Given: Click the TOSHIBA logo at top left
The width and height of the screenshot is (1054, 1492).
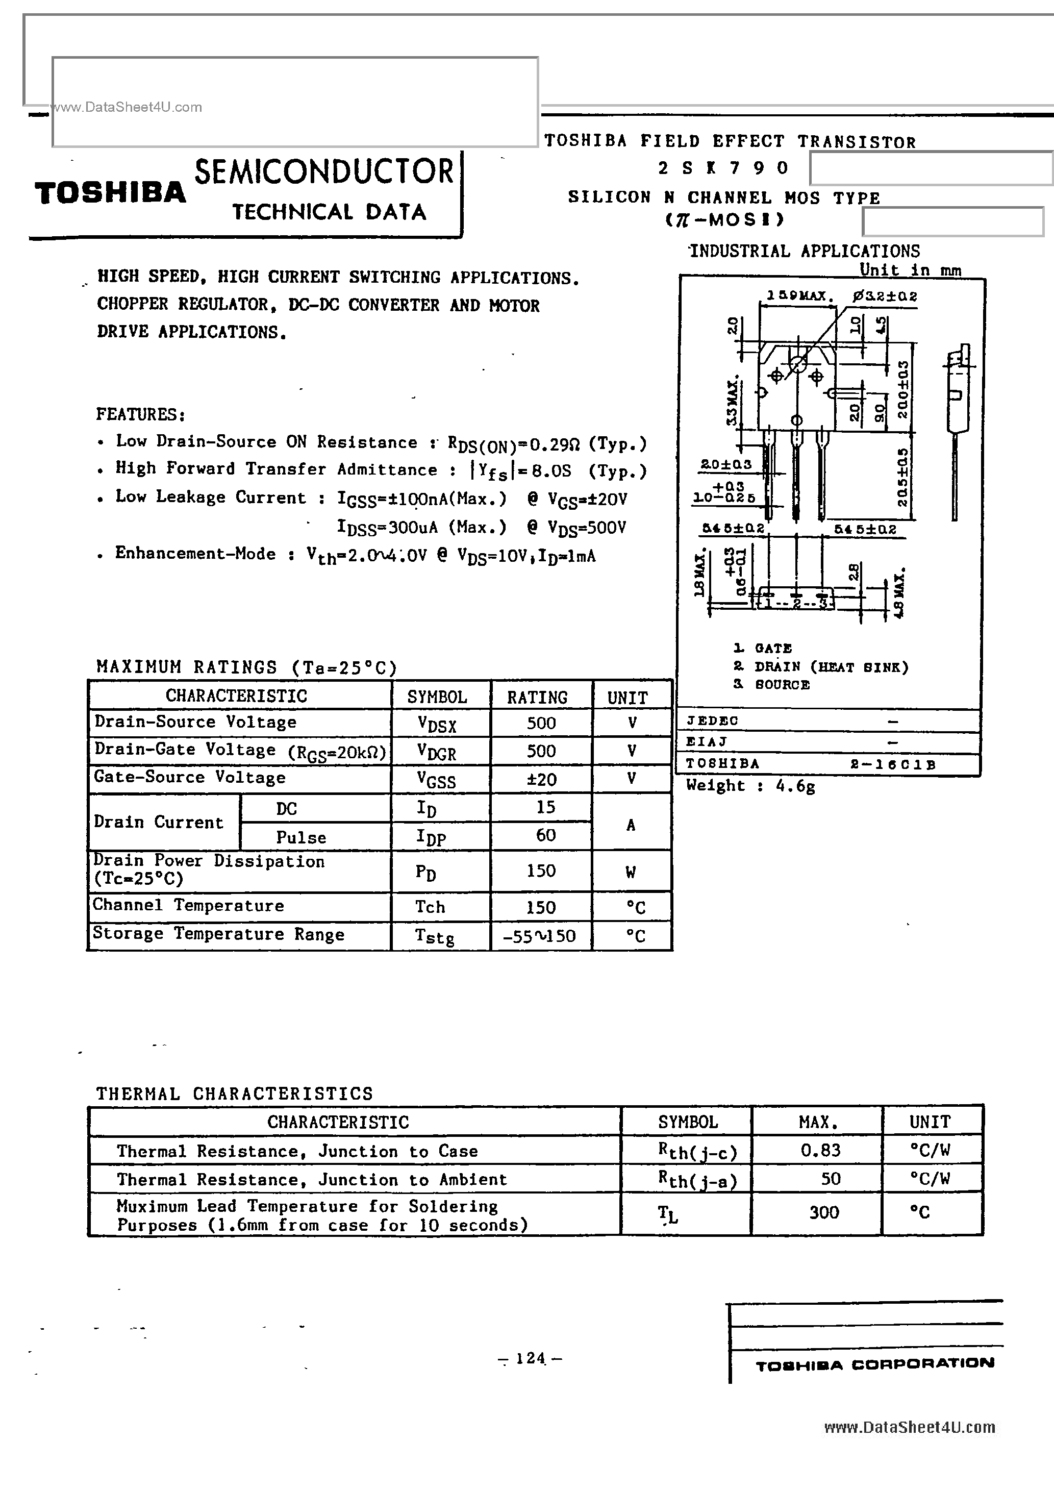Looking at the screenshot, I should (x=111, y=194).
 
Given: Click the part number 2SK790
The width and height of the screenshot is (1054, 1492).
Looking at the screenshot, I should (x=723, y=168).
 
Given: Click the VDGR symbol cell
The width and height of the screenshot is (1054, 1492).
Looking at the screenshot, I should (x=437, y=752).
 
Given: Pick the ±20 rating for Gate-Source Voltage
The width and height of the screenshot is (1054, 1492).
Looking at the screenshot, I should (x=541, y=779).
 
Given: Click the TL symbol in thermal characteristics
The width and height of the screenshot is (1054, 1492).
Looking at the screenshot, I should (x=667, y=1213).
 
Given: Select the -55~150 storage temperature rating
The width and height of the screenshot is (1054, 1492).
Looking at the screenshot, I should (x=539, y=936).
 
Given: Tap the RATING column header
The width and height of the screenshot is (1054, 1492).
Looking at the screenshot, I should (x=537, y=697).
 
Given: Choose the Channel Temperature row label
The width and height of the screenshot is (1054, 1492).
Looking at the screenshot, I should (x=188, y=905).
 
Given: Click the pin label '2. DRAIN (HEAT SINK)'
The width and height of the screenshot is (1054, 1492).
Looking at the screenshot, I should (x=821, y=667).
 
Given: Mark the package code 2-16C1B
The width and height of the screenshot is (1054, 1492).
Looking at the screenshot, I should (x=892, y=765).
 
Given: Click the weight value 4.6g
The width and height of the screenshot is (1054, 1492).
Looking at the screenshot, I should (x=795, y=786).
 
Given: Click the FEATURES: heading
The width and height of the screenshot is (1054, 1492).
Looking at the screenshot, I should (x=141, y=415).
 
